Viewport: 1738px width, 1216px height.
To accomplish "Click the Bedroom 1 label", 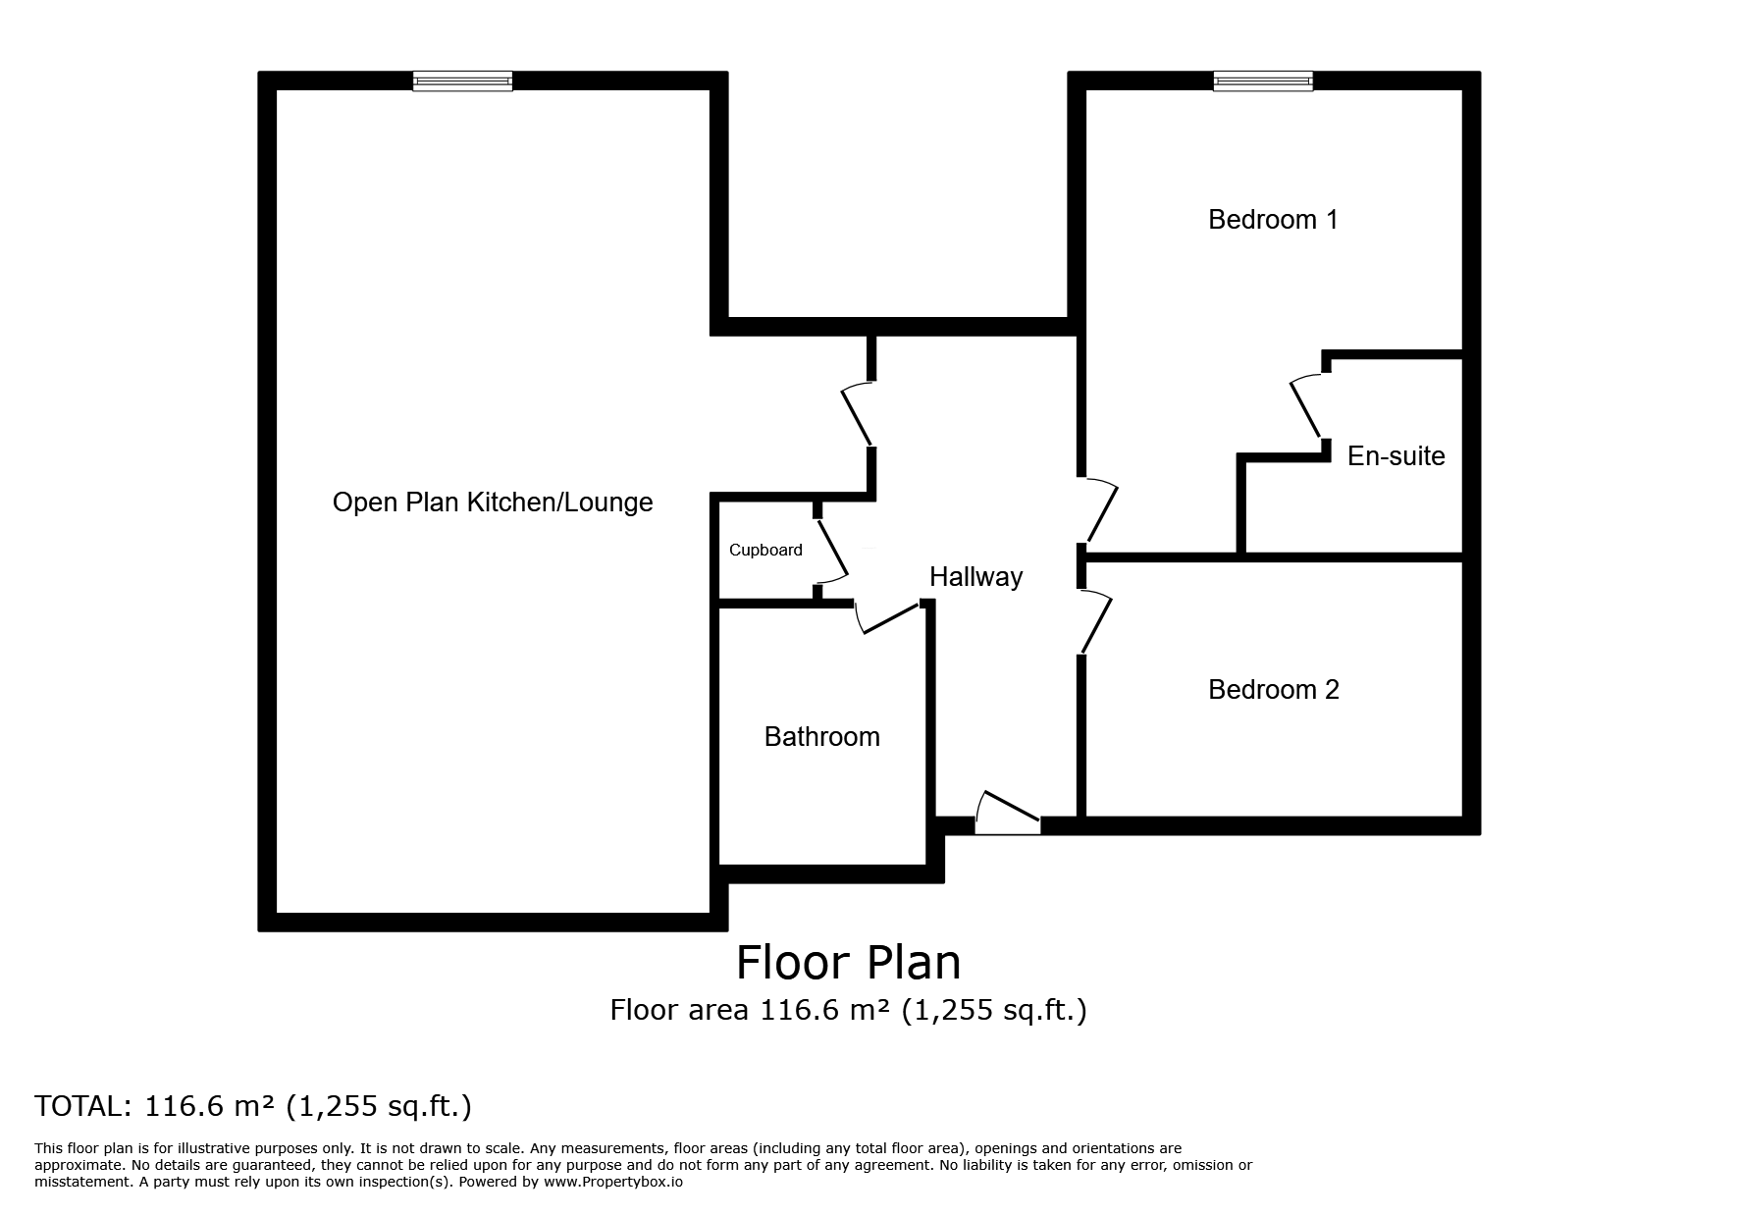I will [x=1272, y=220].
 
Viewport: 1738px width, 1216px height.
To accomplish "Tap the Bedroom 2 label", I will [x=1273, y=690].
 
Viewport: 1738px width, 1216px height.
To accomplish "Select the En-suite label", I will [x=1396, y=456].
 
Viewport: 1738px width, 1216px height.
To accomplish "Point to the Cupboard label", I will [x=765, y=551].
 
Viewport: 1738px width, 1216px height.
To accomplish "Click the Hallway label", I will [x=975, y=577].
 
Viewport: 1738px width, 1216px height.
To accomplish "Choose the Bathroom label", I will [x=821, y=737].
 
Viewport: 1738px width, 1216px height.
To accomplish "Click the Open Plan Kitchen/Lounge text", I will [x=493, y=502].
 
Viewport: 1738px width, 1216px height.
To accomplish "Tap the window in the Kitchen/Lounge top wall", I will [x=462, y=81].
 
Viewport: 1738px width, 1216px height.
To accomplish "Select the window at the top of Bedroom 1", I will [x=1262, y=81].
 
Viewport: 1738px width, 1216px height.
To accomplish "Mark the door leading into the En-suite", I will [x=1307, y=407].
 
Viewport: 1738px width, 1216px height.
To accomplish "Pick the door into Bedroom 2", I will [x=1095, y=621].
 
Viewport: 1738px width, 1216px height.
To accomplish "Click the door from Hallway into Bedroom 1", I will [x=1100, y=510].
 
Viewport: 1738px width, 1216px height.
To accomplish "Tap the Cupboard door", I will [x=832, y=550].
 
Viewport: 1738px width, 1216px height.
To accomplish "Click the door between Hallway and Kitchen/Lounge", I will [x=857, y=415].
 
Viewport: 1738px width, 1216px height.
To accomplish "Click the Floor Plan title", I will [x=848, y=963].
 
